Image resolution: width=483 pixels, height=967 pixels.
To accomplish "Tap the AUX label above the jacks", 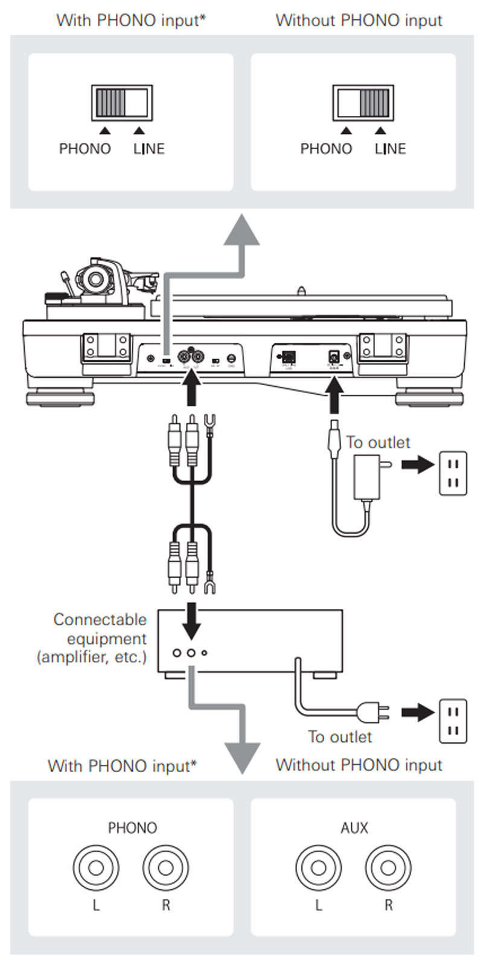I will click(x=354, y=828).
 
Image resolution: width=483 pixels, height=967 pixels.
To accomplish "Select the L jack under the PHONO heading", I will click(x=96, y=868).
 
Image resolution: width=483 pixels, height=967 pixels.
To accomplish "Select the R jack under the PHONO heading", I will click(x=165, y=868).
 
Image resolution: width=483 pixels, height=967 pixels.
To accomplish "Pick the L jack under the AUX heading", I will click(x=319, y=868).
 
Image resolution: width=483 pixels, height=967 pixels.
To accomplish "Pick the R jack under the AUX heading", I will click(x=388, y=868).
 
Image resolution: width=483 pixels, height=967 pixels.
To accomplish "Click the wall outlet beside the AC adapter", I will click(x=453, y=474).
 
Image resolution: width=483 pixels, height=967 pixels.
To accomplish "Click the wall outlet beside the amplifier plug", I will click(x=453, y=720).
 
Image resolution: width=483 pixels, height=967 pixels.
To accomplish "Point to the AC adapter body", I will click(x=366, y=477).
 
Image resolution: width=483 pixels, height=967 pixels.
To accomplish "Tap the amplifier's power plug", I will click(x=373, y=713).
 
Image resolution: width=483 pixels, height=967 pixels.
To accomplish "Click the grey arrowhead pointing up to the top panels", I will click(x=241, y=232).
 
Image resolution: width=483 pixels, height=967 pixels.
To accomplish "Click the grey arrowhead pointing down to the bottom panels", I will click(x=241, y=758).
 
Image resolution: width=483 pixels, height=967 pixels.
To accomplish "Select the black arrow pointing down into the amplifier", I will click(x=191, y=622).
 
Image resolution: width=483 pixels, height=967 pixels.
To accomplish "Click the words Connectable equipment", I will click(x=100, y=629).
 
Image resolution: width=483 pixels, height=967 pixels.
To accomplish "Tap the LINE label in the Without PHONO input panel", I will click(x=390, y=149).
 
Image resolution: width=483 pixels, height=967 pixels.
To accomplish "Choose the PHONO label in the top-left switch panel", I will click(x=85, y=149).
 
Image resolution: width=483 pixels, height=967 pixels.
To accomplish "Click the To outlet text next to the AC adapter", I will click(x=378, y=442).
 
